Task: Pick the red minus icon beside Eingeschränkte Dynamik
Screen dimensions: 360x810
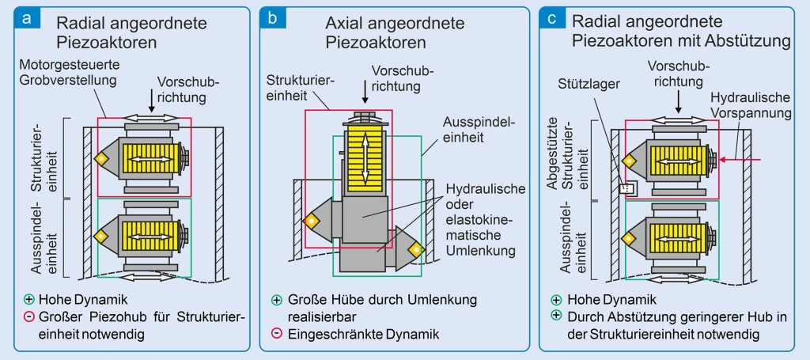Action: click(x=277, y=334)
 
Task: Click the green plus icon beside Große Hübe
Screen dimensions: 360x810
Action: click(x=277, y=301)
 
